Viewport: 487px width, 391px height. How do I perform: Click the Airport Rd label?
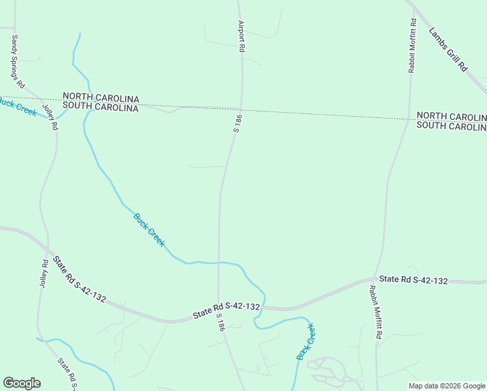(x=241, y=36)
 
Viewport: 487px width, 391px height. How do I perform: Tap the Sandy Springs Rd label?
(x=18, y=63)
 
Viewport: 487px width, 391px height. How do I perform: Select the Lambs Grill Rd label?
(x=449, y=49)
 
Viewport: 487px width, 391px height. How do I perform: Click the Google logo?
(x=21, y=383)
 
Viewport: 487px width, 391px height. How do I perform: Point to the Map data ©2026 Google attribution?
(x=447, y=386)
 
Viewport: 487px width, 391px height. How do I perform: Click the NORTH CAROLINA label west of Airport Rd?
(x=100, y=97)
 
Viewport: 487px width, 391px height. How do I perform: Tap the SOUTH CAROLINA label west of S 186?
(x=100, y=108)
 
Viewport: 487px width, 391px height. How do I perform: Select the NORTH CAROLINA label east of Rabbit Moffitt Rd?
(x=451, y=116)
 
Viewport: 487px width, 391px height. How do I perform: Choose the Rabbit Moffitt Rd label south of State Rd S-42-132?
(x=376, y=313)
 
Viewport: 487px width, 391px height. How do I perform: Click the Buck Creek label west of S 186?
(x=149, y=230)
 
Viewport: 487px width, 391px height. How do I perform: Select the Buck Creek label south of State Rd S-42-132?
(x=305, y=341)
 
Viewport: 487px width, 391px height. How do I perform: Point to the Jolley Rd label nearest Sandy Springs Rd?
(x=50, y=117)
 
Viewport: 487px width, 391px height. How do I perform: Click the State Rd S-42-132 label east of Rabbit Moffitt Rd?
(x=413, y=280)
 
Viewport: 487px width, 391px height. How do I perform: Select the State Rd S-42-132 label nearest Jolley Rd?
(x=79, y=280)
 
